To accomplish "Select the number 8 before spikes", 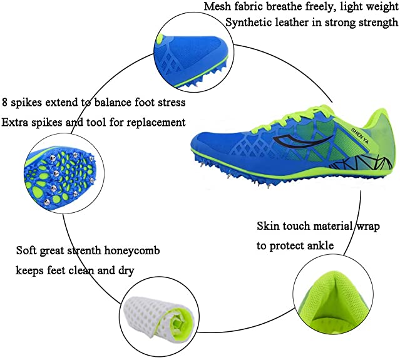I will tap(6, 101).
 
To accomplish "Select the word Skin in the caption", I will tap(268, 226).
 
